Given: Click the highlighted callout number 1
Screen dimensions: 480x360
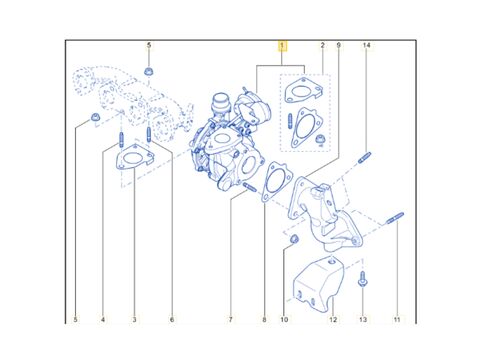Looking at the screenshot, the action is [282, 46].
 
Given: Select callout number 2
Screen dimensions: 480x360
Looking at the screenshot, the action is [322, 45].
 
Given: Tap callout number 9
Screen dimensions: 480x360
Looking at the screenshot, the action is [338, 45].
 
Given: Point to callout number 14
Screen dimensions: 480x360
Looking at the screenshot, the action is [366, 45].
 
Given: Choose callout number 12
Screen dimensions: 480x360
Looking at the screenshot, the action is [333, 320].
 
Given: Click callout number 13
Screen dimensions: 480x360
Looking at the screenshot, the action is [363, 320].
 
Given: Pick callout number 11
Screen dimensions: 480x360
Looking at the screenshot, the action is [397, 320].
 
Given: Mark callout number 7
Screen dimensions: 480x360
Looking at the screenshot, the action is [230, 320].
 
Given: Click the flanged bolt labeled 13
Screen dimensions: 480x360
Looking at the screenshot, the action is [363, 279].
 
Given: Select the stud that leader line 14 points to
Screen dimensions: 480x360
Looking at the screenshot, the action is [365, 157].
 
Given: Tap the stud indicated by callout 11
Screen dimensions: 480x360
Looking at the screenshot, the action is [395, 218].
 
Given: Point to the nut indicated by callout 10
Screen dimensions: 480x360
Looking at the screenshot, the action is [294, 239].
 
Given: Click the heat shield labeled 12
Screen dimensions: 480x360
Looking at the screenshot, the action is [318, 285].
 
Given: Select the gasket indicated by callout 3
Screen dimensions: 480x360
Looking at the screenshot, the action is [135, 157].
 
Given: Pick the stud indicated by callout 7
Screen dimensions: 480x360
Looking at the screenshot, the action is [250, 187].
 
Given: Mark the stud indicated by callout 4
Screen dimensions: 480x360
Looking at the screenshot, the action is [122, 139].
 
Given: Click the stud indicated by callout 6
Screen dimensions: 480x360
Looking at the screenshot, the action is [149, 134].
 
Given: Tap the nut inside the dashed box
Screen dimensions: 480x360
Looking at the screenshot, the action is [320, 140].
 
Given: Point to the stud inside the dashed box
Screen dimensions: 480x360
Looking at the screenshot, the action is [290, 121].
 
